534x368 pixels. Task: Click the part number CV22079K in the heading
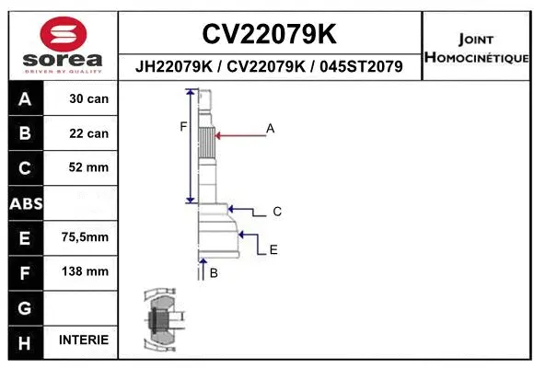pyautogui.click(x=269, y=35)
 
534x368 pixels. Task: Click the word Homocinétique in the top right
pyautogui.click(x=476, y=58)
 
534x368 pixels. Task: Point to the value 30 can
pyautogui.click(x=89, y=98)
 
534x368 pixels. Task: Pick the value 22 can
pyautogui.click(x=89, y=133)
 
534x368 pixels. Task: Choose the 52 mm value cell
pyautogui.click(x=89, y=167)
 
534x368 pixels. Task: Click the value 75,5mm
pyautogui.click(x=86, y=237)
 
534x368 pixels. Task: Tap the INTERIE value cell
pyautogui.click(x=84, y=340)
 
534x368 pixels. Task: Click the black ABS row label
pyautogui.click(x=25, y=202)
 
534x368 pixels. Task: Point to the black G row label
pyautogui.click(x=25, y=306)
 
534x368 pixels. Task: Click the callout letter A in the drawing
pyautogui.click(x=271, y=129)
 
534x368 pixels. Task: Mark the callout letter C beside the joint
pyautogui.click(x=276, y=212)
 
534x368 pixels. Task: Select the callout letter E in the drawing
pyautogui.click(x=273, y=249)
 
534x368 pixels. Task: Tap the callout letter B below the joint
pyautogui.click(x=214, y=273)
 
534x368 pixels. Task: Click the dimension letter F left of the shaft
pyautogui.click(x=183, y=126)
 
